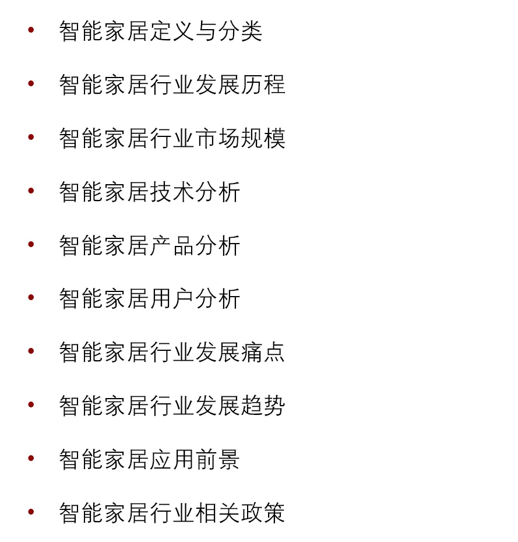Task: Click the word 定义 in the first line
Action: (172, 31)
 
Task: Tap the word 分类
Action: (240, 31)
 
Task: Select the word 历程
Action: (263, 85)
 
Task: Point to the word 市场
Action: (217, 139)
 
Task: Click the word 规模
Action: (263, 139)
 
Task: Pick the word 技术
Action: (172, 192)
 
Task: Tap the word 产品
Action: (172, 246)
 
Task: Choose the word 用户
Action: (172, 299)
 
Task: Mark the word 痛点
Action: (263, 353)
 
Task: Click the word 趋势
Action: (263, 406)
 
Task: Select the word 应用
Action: (172, 460)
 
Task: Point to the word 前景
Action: (217, 460)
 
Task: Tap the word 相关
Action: (217, 513)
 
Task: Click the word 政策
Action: (263, 513)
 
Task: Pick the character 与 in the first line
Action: (206, 31)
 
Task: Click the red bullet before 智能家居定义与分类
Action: (31, 30)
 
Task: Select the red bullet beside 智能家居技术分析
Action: (31, 191)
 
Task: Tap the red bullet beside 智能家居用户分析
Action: (31, 298)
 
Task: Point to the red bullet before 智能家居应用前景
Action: (31, 458)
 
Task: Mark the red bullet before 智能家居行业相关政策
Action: (31, 512)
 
